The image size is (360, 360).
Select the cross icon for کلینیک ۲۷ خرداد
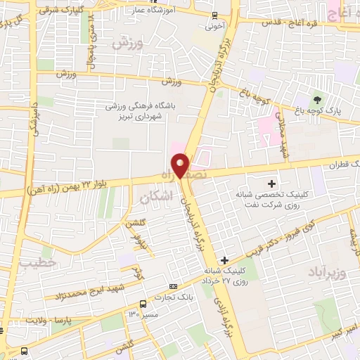pos(224,260)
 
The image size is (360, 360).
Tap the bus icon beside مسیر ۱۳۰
pos(143,304)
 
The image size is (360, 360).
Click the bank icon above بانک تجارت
pos(173,286)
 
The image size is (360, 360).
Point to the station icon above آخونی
pos(214,16)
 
